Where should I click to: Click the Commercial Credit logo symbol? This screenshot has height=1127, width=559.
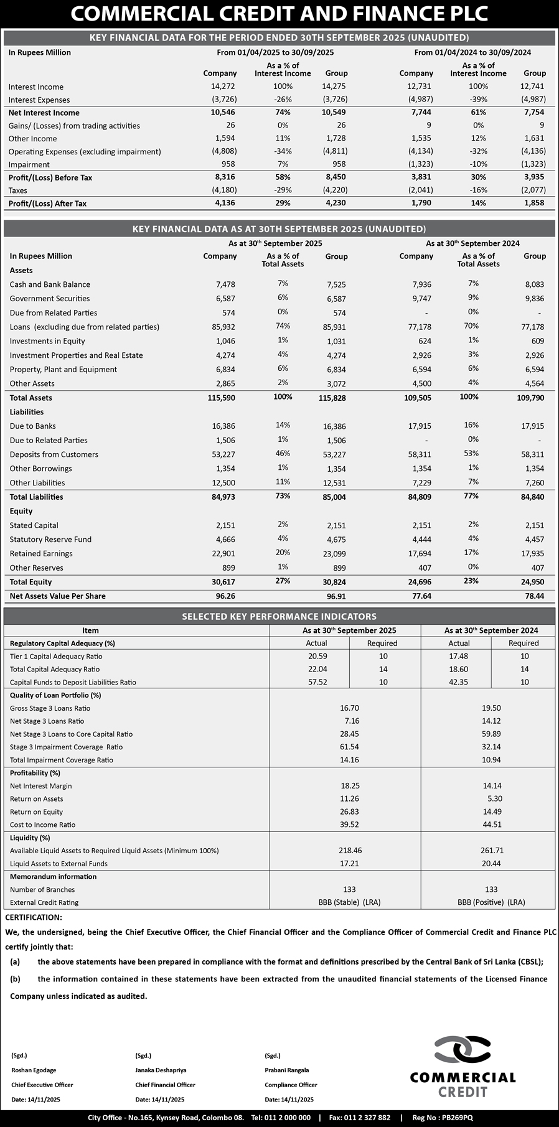pos(463,1051)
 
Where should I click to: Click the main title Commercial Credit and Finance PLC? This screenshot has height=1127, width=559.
pos(279,14)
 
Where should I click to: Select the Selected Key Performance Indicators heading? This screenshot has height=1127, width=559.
pos(279,616)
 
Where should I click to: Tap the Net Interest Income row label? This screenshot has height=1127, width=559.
pos(44,113)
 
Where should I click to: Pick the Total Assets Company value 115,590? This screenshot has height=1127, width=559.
pos(221,398)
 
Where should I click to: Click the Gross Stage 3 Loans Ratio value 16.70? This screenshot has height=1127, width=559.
pos(349,708)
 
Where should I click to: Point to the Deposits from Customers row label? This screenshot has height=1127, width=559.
pos(54,454)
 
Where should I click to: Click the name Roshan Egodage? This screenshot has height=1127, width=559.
pos(34,1070)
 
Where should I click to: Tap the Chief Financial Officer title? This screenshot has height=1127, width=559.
pos(165,1085)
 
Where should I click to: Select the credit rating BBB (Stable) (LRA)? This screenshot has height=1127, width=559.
pos(349,902)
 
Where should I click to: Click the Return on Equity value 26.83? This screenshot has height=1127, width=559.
pos(350,811)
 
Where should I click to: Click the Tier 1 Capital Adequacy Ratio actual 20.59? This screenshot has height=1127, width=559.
pos(317,656)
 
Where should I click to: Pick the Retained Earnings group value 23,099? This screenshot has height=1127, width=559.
pos(335,554)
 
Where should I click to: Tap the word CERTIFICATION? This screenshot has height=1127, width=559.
pos(34,917)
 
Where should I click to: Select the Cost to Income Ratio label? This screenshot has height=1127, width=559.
pos(42,825)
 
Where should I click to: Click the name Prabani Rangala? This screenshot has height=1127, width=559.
pos(286,1070)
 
